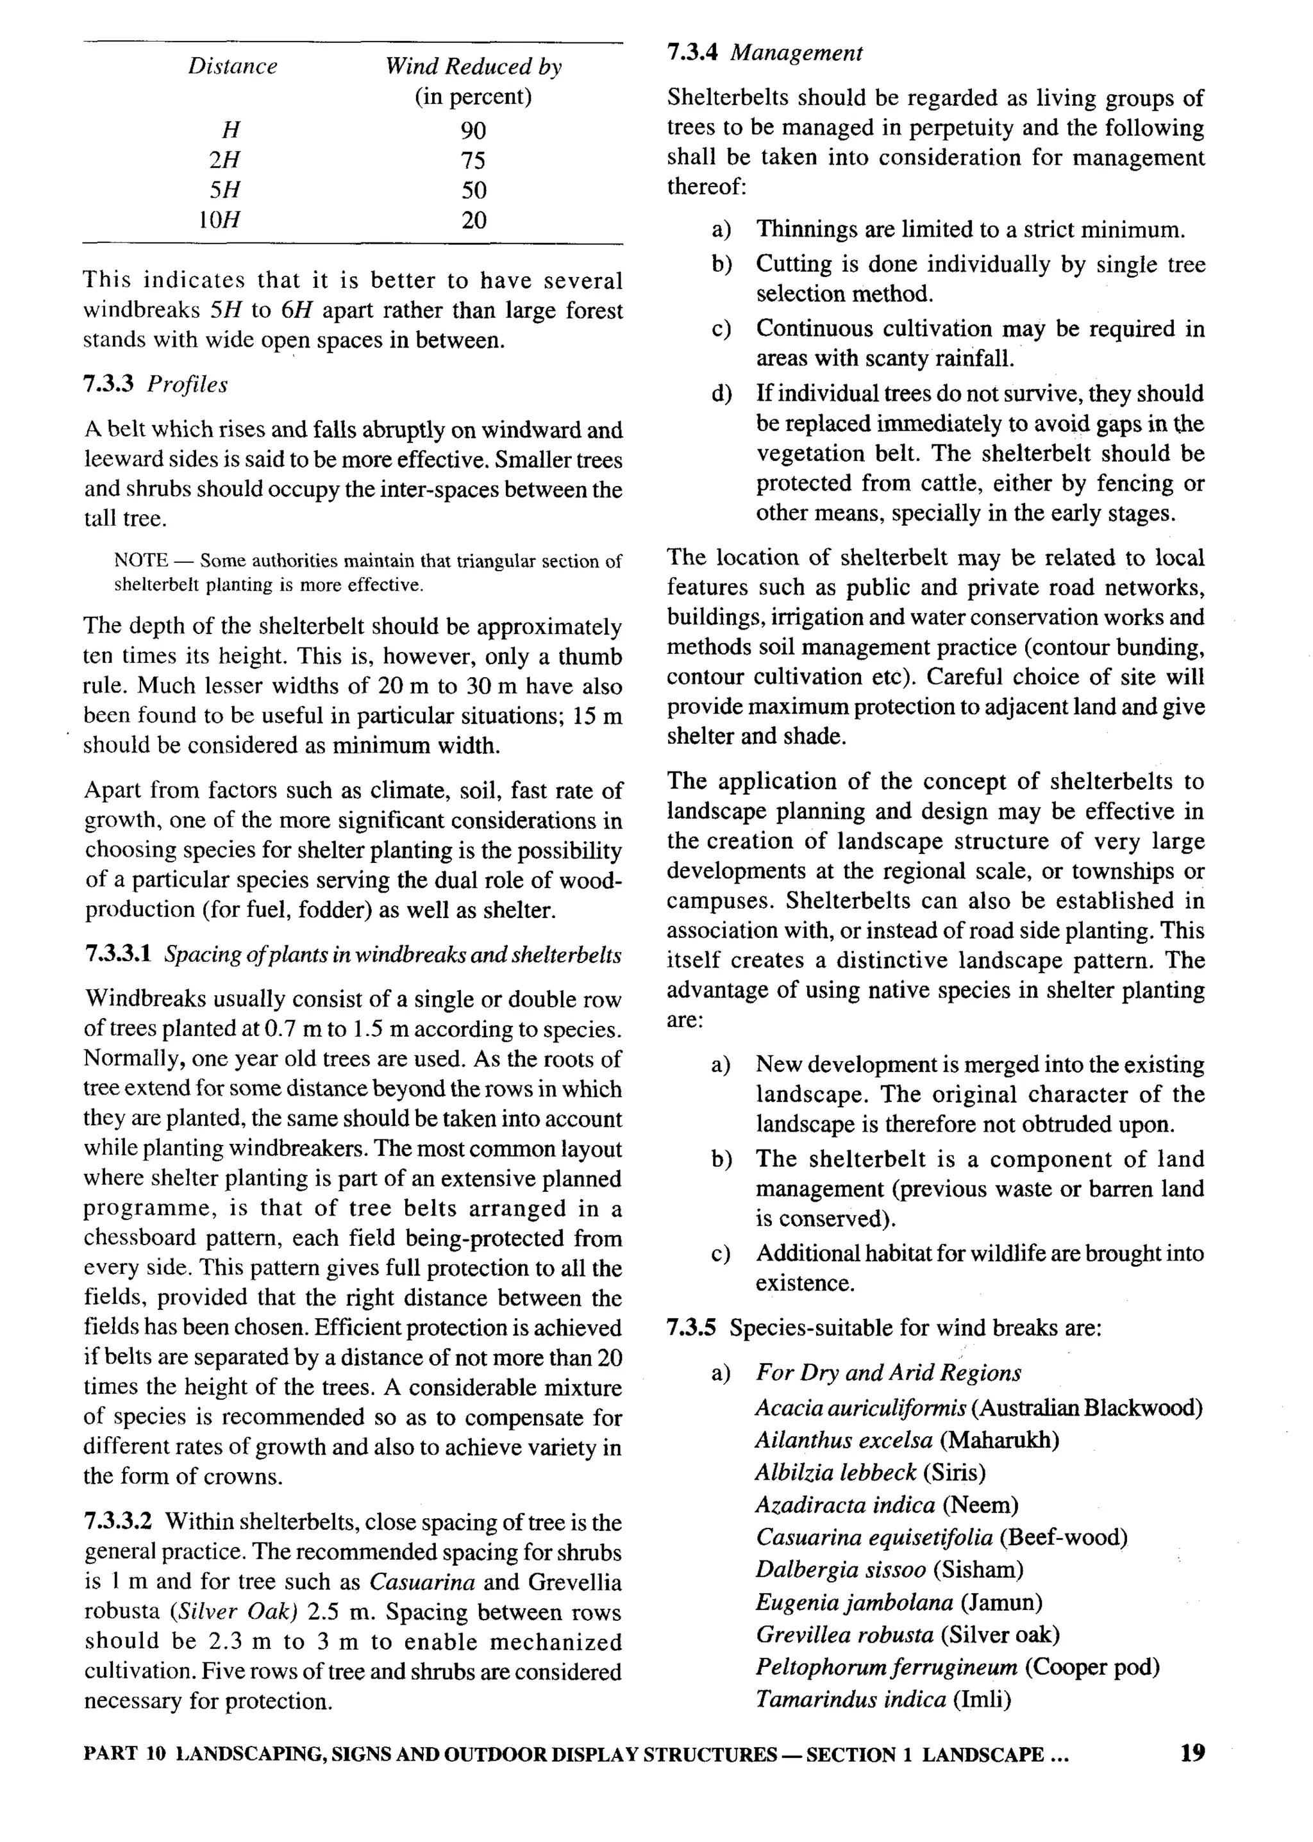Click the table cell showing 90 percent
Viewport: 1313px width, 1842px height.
click(x=474, y=130)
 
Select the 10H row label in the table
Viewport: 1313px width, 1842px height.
click(x=220, y=220)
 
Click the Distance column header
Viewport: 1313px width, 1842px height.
click(x=233, y=66)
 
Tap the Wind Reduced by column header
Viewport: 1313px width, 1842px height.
click(x=474, y=66)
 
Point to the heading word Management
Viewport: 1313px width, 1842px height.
click(x=796, y=53)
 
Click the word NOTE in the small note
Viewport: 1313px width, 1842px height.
click(x=142, y=560)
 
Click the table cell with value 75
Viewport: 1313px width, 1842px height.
click(x=474, y=160)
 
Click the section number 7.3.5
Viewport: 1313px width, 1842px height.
click(x=691, y=1328)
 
